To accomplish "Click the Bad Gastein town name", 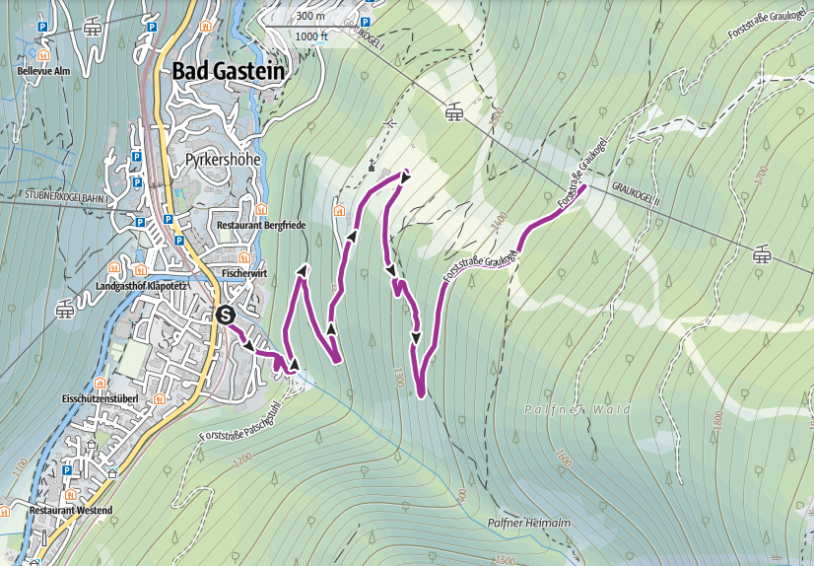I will (x=228, y=71).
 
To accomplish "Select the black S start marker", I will (x=225, y=316).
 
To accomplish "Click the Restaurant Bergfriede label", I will (x=261, y=226).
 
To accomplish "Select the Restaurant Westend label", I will (x=71, y=510).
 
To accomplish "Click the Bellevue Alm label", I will (x=43, y=71).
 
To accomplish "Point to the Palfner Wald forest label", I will (x=566, y=408).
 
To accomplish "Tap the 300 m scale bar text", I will (x=309, y=17).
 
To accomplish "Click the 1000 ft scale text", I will (x=311, y=36).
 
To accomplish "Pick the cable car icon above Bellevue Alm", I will (x=94, y=27).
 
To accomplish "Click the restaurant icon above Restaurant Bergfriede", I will (x=261, y=209).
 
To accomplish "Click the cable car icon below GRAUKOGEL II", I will (x=762, y=255).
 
